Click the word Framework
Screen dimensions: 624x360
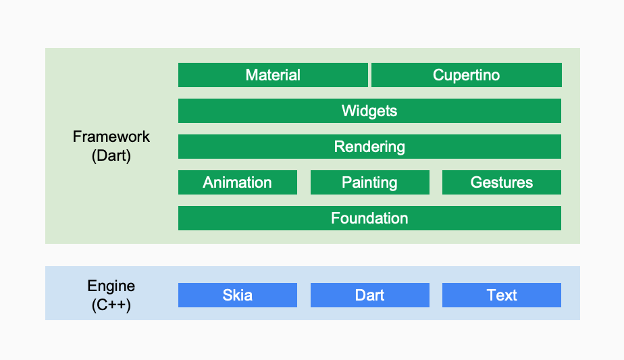(111, 136)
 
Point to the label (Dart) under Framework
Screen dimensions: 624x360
(111, 156)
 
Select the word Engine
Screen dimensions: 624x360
(111, 286)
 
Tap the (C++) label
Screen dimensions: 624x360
(111, 305)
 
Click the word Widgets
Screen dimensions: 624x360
(369, 111)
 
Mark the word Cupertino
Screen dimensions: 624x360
(467, 75)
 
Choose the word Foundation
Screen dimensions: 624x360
(369, 218)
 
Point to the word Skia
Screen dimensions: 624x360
(238, 295)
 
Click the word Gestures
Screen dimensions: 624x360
(502, 182)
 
